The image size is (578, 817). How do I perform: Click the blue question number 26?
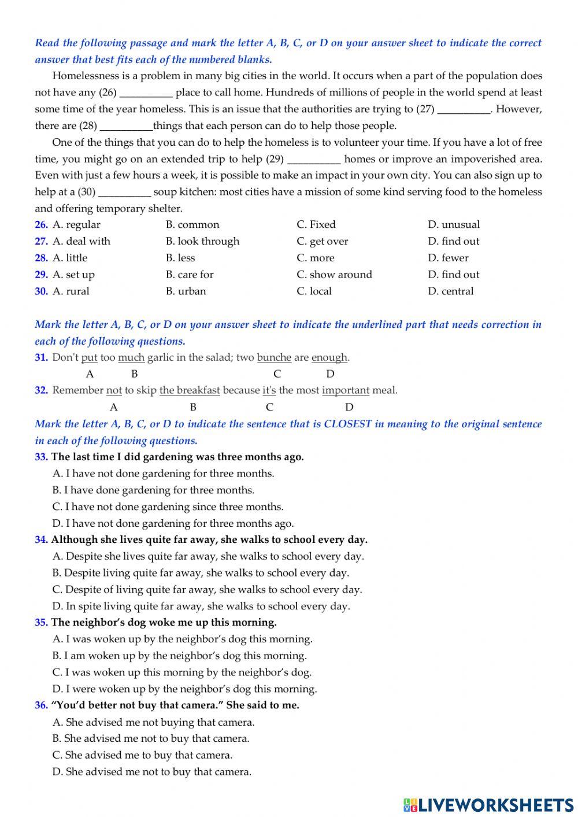41,225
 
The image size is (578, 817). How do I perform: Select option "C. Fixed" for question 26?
316,225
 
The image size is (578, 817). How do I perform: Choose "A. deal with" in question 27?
81,242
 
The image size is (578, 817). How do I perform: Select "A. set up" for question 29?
73,275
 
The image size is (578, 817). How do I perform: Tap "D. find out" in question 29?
453,275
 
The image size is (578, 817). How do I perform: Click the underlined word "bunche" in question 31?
274,358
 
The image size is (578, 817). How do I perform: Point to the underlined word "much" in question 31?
131,358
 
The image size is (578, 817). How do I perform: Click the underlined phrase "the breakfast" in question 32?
190,390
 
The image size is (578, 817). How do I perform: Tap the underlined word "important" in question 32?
346,390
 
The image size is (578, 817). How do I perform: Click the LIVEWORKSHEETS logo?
488,804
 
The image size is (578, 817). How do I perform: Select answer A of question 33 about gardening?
164,474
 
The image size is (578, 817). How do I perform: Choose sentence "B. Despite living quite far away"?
201,573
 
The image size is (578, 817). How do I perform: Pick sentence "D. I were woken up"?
185,689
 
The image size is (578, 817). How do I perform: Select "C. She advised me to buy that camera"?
143,755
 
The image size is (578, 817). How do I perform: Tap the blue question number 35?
41,623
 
